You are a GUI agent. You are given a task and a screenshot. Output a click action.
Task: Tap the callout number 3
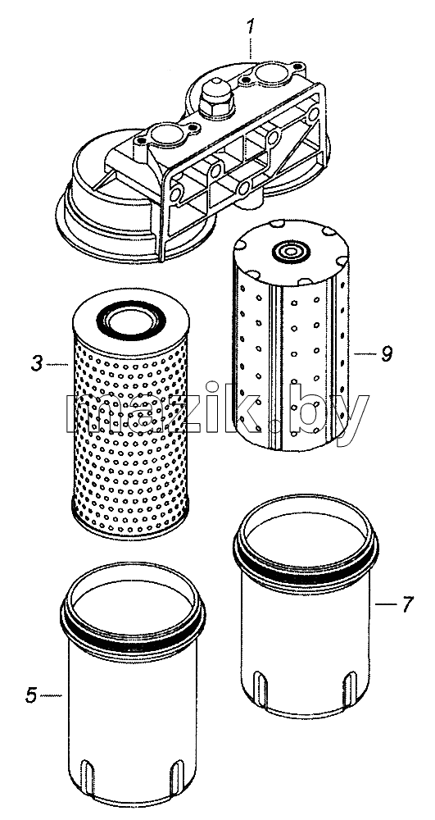[36, 363]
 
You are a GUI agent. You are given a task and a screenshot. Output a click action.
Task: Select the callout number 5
[31, 695]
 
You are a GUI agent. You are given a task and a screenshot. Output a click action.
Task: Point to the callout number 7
[407, 604]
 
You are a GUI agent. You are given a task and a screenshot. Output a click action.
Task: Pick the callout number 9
[387, 354]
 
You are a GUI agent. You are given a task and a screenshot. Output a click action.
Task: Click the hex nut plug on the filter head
[216, 98]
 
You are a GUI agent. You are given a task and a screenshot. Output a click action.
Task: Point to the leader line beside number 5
[51, 695]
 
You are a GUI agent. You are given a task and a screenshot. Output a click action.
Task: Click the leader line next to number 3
[57, 363]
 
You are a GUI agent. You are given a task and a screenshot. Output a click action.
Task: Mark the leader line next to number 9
[365, 354]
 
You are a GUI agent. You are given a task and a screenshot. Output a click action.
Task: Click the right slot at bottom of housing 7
[351, 688]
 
